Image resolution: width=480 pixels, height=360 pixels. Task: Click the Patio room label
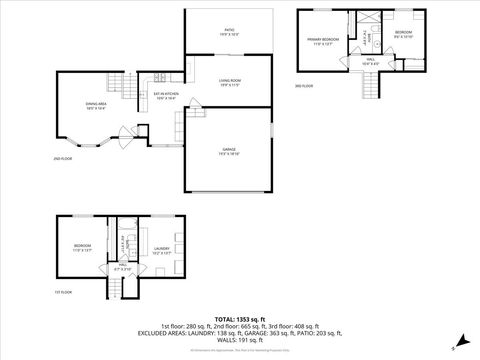[x=229, y=32]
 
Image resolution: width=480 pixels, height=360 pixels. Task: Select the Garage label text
[x=229, y=150]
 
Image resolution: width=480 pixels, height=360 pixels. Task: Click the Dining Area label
[x=97, y=105]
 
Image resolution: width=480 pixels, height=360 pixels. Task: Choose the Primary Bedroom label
[x=323, y=42]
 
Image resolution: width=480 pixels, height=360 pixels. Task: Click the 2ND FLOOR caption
[x=63, y=159]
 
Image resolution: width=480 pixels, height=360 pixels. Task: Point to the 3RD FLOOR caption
[x=304, y=87]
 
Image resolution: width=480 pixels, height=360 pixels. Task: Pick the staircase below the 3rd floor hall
[x=372, y=87]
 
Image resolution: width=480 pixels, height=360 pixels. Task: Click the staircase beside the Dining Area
[x=121, y=82]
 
